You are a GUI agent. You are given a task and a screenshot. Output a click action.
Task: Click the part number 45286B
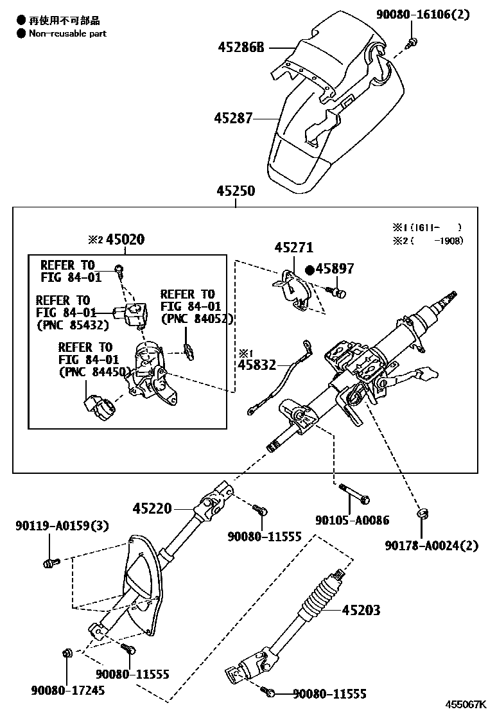(x=241, y=47)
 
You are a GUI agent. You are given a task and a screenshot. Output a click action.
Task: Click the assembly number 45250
(x=235, y=191)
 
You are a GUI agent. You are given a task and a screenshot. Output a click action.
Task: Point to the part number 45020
(x=125, y=239)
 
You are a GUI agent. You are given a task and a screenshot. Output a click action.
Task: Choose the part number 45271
(x=293, y=247)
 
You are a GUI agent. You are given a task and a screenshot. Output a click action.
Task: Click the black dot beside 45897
(x=309, y=270)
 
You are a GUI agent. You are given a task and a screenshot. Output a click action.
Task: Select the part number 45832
(x=257, y=365)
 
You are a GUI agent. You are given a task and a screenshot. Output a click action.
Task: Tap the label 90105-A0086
(x=352, y=520)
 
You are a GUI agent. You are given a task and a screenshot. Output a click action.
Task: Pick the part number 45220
(x=153, y=509)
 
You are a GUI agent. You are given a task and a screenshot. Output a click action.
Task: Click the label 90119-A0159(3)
(x=62, y=526)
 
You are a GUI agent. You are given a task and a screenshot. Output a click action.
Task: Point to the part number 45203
(x=361, y=609)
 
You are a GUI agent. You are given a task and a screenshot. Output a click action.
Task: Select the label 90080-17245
(x=67, y=690)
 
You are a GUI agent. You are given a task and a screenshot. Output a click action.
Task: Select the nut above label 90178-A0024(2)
(x=422, y=513)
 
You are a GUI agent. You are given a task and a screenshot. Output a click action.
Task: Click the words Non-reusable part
(x=67, y=33)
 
